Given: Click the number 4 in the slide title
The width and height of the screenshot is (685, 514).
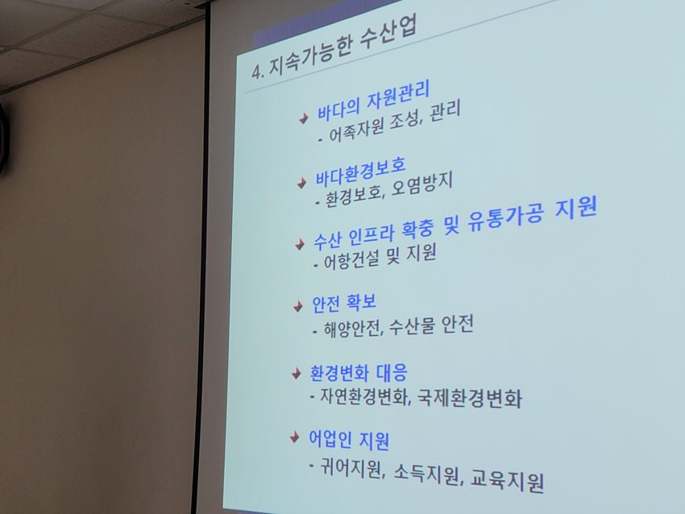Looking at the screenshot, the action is pos(257,72).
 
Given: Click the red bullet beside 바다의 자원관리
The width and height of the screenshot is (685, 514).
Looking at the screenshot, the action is pos(304,118).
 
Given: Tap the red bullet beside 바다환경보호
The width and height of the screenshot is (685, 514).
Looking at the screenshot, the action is pos(301,183).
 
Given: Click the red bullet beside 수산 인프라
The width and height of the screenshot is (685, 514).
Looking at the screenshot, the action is pos(300,244).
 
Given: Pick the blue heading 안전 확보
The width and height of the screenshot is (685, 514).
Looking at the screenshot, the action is pos(344,303).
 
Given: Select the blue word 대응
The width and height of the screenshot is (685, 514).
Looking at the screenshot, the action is pos(392,372).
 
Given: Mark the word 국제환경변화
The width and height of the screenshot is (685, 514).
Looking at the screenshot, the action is pos(470,398).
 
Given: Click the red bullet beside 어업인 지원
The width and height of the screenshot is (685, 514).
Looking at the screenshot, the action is pos(295,437).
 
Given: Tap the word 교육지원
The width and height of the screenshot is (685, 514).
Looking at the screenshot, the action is pos(507,480).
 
